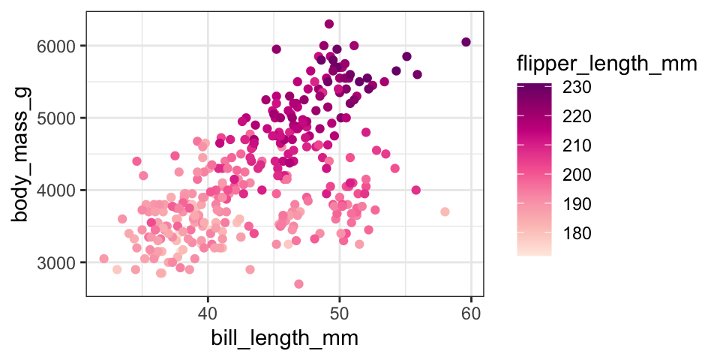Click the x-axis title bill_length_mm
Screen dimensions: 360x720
tap(283, 338)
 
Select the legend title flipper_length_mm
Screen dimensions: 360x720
tap(607, 65)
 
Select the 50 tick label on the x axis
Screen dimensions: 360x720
tap(340, 311)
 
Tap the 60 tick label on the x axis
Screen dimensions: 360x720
tap(472, 311)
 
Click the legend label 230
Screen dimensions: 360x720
tap(577, 88)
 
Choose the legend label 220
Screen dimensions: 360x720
tap(577, 117)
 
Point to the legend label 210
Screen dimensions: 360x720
tap(577, 145)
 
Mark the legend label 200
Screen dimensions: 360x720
tap(577, 175)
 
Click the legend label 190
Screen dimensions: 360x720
tap(577, 204)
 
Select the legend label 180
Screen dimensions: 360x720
tap(577, 233)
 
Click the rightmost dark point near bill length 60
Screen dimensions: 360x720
tap(466, 42)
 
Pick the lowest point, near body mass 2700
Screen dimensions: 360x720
tap(298, 284)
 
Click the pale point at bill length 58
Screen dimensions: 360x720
tap(445, 212)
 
